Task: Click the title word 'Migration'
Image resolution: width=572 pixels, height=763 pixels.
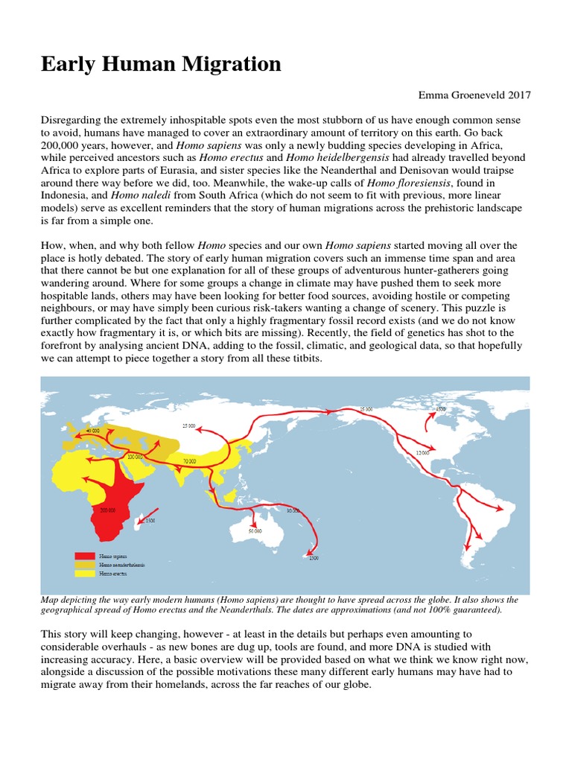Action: pos(230,65)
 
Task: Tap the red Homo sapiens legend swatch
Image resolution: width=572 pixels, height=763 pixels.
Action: pos(85,555)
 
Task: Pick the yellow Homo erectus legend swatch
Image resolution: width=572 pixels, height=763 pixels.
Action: pos(85,574)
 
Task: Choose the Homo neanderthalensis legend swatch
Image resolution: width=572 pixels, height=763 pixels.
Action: pos(85,565)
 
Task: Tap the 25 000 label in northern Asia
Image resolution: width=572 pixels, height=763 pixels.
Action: pos(188,425)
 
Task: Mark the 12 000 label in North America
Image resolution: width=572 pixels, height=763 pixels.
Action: pos(423,453)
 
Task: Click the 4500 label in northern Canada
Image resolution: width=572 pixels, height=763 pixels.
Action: pos(440,409)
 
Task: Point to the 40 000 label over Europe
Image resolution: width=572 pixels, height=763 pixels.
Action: pos(92,431)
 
